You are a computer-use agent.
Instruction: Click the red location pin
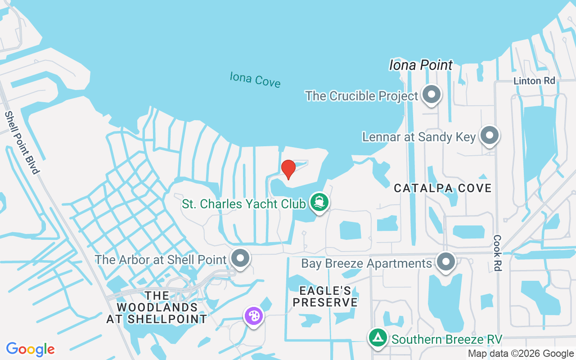point(288,169)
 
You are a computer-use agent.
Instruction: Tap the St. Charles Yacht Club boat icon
point(319,202)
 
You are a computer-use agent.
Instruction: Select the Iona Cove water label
point(255,80)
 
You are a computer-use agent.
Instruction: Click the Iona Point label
point(421,65)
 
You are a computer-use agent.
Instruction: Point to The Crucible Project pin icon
point(432,94)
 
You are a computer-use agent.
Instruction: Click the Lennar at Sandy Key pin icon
point(489,135)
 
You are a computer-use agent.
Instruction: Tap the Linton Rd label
point(535,81)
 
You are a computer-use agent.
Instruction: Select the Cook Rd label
point(497,252)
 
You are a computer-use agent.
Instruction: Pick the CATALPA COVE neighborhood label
point(443,188)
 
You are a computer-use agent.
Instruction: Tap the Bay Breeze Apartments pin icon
point(446,261)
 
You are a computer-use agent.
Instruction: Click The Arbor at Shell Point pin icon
point(240,258)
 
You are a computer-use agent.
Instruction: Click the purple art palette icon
point(254,315)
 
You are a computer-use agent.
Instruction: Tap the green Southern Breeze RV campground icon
point(378,337)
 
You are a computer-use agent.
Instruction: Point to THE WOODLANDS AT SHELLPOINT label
point(157,307)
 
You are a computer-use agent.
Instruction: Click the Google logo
point(31,349)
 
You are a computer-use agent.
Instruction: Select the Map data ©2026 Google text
point(521,354)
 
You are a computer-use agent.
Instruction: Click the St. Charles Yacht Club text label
point(243,204)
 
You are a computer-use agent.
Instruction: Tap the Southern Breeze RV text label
point(447,339)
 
